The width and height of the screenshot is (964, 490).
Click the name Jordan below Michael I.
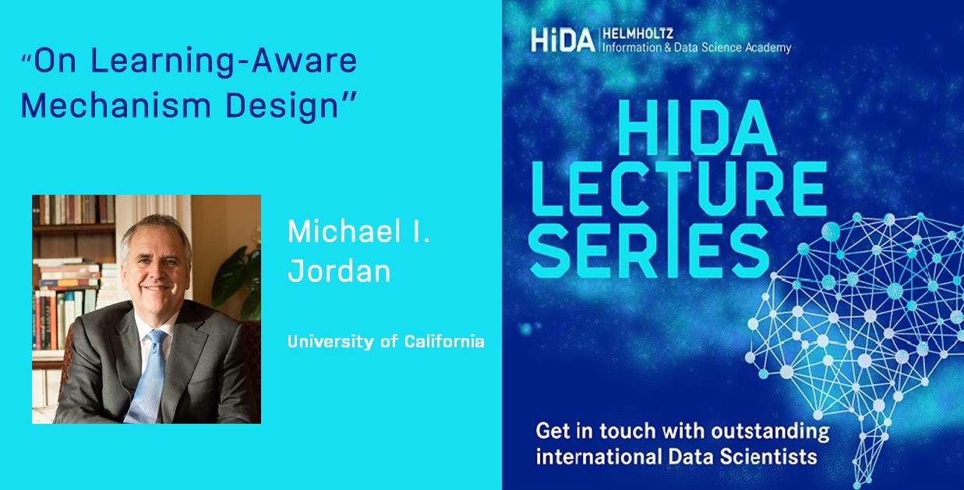[x=339, y=271]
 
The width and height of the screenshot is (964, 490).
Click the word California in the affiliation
[x=444, y=341]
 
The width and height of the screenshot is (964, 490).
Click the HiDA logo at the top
[x=563, y=40]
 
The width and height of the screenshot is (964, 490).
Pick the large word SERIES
[x=650, y=252]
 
